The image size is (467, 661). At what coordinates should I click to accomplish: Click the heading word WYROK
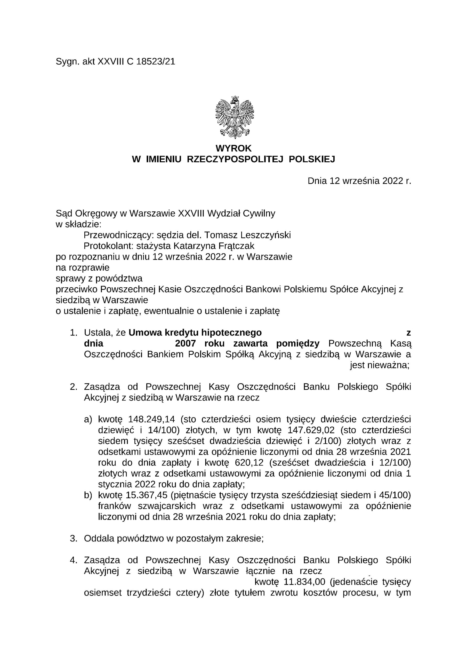233,148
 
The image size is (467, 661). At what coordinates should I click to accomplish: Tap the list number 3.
73,538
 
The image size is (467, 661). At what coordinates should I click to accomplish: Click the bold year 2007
186,343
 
